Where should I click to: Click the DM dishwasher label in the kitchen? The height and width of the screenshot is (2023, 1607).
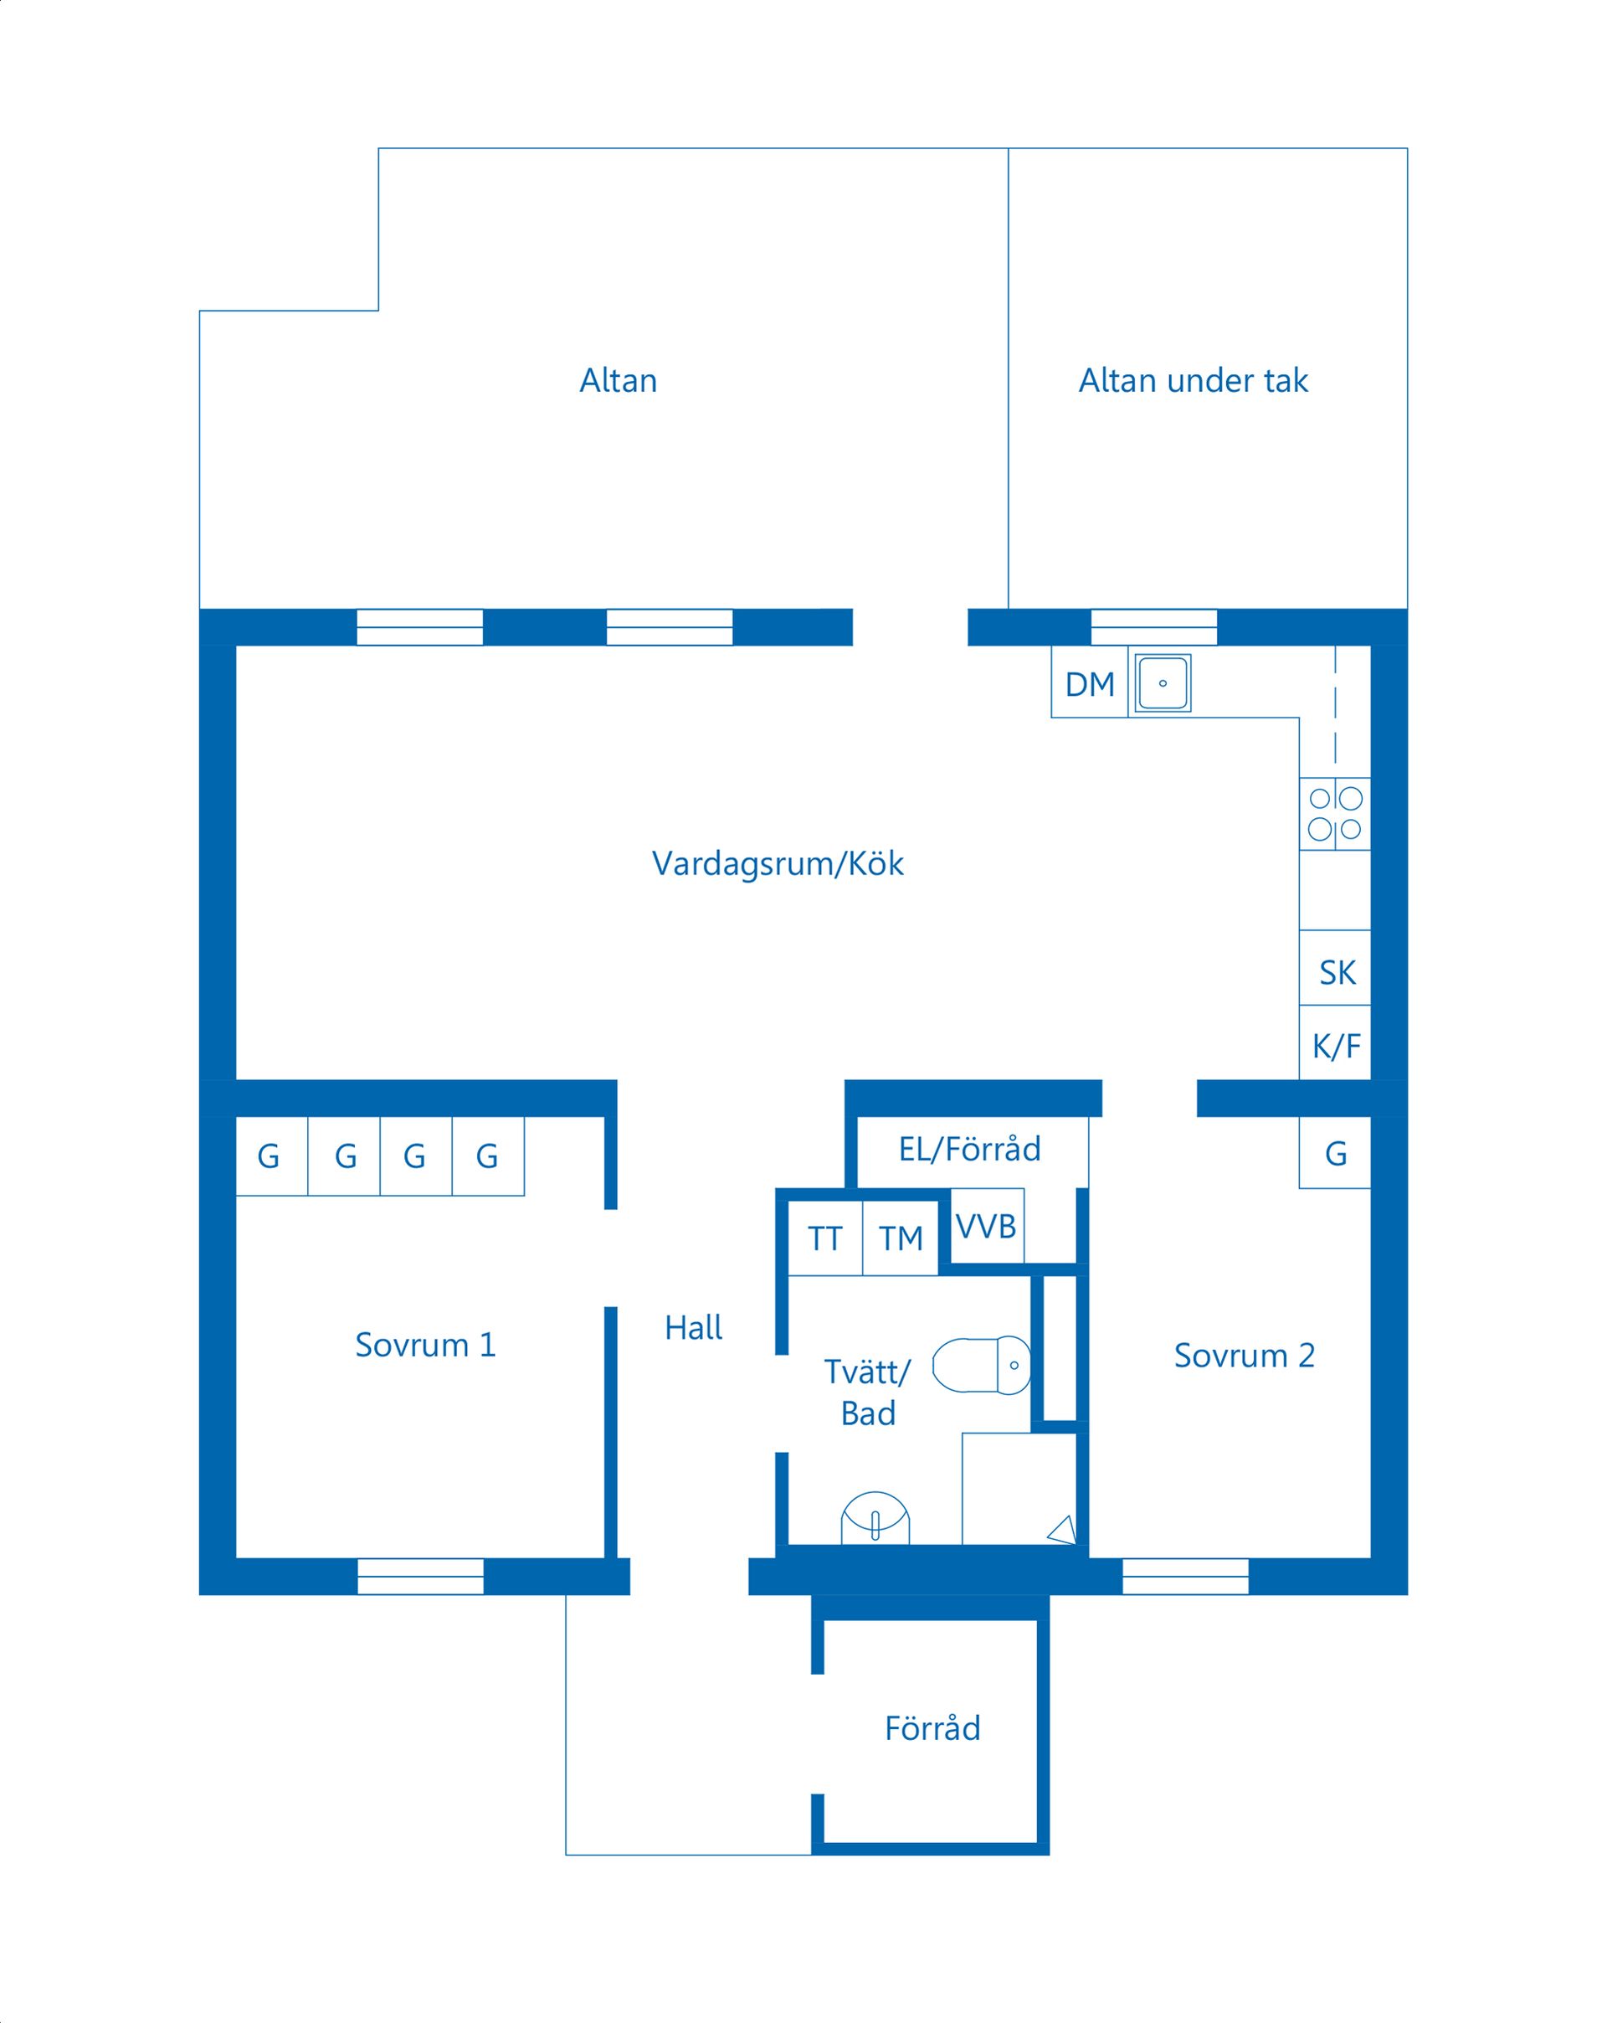pyautogui.click(x=1089, y=684)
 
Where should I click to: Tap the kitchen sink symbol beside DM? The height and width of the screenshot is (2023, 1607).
pyautogui.click(x=1163, y=682)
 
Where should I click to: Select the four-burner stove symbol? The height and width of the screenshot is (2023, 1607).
pyautogui.click(x=1334, y=812)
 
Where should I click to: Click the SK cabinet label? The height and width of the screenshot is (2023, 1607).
pyautogui.click(x=1337, y=972)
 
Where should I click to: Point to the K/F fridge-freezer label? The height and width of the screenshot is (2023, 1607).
pyautogui.click(x=1336, y=1045)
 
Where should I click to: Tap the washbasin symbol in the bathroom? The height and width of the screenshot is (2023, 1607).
pyautogui.click(x=875, y=1517)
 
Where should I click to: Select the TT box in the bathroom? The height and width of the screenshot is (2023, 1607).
pyautogui.click(x=824, y=1238)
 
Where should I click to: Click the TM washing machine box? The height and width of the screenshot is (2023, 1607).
pyautogui.click(x=901, y=1238)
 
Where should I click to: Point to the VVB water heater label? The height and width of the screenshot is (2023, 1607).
pyautogui.click(x=986, y=1225)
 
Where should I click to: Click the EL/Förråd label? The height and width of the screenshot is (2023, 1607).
pyautogui.click(x=969, y=1149)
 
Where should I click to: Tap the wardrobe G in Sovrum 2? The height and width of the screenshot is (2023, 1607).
pyautogui.click(x=1336, y=1153)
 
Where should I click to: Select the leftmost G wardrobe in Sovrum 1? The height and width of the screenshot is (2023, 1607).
pyautogui.click(x=270, y=1156)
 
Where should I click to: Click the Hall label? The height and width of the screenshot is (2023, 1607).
pyautogui.click(x=693, y=1328)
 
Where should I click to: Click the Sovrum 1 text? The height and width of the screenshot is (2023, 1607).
pyautogui.click(x=425, y=1345)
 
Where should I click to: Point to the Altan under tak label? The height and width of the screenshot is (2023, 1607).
pyautogui.click(x=1193, y=380)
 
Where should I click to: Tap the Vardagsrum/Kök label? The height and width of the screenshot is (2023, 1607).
pyautogui.click(x=778, y=863)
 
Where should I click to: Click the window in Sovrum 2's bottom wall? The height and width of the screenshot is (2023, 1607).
pyautogui.click(x=1185, y=1577)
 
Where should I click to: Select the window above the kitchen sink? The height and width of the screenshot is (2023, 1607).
pyautogui.click(x=1153, y=627)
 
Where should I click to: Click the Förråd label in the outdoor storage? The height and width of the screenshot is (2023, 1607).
pyautogui.click(x=932, y=1728)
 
